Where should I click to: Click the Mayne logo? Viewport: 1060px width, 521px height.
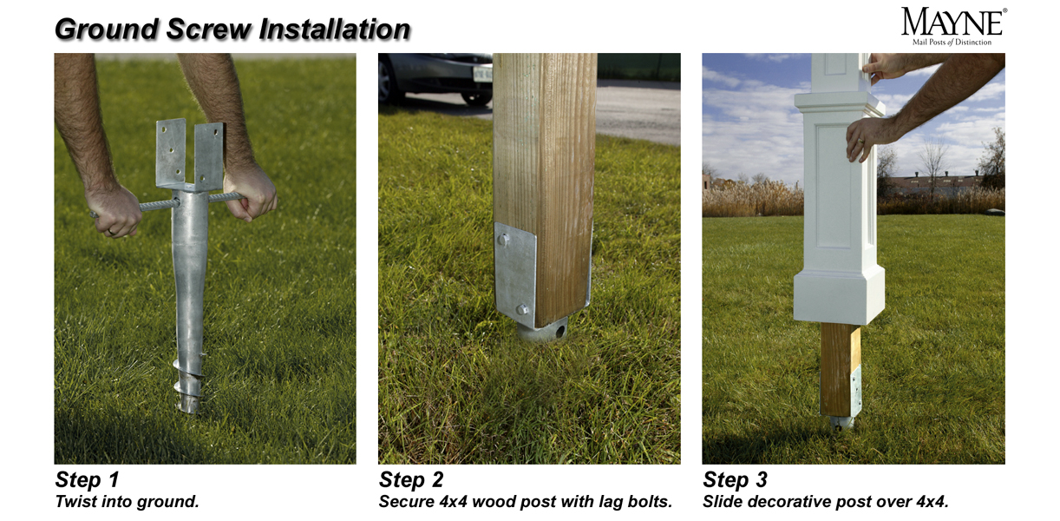pyautogui.click(x=953, y=27)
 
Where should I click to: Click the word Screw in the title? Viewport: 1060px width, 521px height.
pyautogui.click(x=209, y=30)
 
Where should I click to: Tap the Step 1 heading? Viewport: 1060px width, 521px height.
pyautogui.click(x=87, y=479)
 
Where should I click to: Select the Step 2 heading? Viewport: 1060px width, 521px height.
pyautogui.click(x=411, y=479)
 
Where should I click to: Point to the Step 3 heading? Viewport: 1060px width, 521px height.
pyautogui.click(x=735, y=479)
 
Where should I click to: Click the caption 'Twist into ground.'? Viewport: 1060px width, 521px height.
pyautogui.click(x=127, y=502)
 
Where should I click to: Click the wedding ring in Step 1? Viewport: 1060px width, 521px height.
pyautogui.click(x=110, y=232)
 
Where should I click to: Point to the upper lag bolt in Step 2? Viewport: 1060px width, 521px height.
pyautogui.click(x=503, y=240)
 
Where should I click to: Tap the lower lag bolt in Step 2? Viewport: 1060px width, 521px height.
pyautogui.click(x=522, y=309)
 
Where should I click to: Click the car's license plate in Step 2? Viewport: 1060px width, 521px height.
pyautogui.click(x=482, y=74)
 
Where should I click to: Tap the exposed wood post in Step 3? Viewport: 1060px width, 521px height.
pyautogui.click(x=839, y=369)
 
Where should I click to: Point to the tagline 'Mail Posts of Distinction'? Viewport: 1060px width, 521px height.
pyautogui.click(x=952, y=43)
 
